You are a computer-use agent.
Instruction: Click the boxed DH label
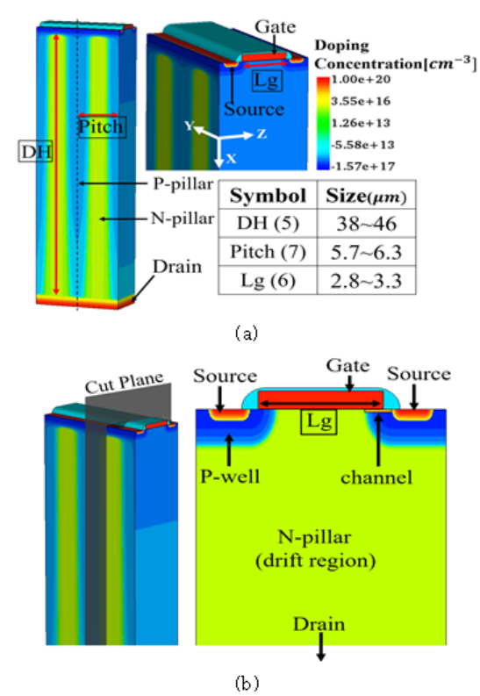(35, 151)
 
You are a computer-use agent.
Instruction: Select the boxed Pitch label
(101, 126)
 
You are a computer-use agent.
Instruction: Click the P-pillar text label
(183, 183)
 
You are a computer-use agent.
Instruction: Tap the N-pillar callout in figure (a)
(183, 219)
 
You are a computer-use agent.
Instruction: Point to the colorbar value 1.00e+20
(361, 80)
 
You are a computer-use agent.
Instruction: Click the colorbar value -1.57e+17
(361, 167)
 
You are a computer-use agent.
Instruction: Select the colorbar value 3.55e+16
(361, 101)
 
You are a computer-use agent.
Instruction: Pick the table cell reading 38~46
(367, 223)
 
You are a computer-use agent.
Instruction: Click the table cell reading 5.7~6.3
(367, 252)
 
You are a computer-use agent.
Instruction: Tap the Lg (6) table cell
(268, 281)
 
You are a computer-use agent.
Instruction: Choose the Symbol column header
(268, 196)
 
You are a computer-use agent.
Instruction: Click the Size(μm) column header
(367, 196)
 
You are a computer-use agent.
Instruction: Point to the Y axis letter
(189, 126)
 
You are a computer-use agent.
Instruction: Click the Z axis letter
(261, 133)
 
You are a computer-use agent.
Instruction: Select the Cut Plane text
(125, 383)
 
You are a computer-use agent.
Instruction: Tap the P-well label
(230, 477)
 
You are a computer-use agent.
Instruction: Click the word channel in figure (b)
(376, 477)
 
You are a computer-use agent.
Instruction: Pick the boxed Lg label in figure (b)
(319, 421)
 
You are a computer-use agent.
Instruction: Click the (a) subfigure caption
(247, 333)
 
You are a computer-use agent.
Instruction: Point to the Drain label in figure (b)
(319, 624)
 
